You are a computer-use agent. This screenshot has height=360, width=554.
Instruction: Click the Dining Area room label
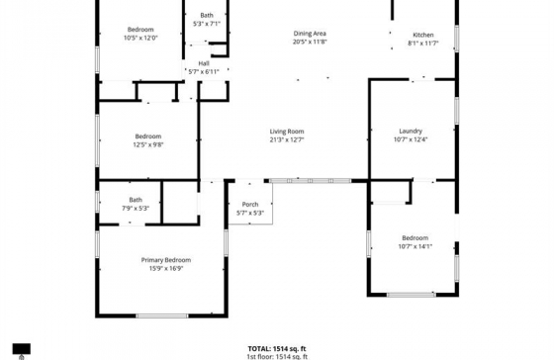[310, 34]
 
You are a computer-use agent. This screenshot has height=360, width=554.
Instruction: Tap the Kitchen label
[423, 35]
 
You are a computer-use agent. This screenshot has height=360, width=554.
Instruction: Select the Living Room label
[287, 132]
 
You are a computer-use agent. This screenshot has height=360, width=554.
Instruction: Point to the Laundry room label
[411, 132]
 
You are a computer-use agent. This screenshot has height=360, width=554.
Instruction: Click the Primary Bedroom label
[166, 260]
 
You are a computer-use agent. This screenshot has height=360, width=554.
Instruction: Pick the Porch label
[250, 205]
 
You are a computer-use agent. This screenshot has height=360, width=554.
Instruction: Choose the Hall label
[204, 63]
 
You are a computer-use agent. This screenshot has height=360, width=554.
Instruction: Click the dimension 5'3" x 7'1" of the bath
[207, 24]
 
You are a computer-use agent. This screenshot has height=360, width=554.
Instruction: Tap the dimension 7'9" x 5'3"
[136, 209]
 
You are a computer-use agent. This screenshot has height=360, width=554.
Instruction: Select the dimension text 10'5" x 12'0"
[140, 38]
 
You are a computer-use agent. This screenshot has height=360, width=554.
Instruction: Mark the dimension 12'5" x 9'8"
[148, 144]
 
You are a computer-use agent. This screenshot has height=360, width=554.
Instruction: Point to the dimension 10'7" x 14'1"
[415, 246]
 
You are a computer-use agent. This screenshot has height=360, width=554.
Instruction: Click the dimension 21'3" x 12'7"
[287, 139]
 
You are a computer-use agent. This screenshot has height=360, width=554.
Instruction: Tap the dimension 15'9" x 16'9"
[166, 268]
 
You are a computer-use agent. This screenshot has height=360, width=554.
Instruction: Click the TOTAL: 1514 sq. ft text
[277, 349]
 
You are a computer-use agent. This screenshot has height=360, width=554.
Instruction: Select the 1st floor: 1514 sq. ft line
[277, 356]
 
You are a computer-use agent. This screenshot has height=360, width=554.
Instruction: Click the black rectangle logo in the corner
[22, 349]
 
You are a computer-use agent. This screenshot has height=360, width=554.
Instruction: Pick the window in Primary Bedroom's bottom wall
[162, 315]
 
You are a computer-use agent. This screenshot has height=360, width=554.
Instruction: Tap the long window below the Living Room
[310, 181]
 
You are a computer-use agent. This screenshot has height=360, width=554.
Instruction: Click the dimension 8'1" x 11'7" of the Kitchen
[423, 44]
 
